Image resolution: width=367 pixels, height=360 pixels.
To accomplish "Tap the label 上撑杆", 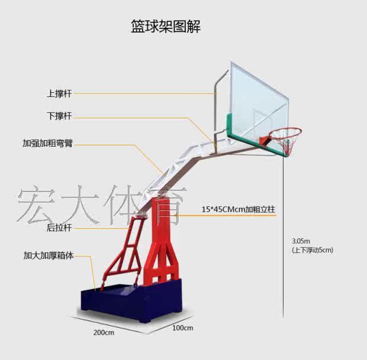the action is tap(60, 93).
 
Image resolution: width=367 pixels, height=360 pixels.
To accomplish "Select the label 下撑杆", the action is tap(60, 116).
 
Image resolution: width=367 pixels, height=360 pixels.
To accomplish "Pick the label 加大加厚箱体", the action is tap(49, 257).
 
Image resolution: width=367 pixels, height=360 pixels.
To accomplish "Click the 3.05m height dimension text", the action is tap(301, 241).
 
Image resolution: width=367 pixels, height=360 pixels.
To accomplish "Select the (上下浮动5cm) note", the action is tap(313, 250).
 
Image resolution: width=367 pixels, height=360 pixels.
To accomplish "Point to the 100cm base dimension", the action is tap(183, 327).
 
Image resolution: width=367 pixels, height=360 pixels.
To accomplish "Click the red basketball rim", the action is tap(285, 132).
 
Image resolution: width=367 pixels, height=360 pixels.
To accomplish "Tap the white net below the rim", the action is tap(286, 145).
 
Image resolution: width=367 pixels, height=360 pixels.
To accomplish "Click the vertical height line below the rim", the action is tap(284, 236).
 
